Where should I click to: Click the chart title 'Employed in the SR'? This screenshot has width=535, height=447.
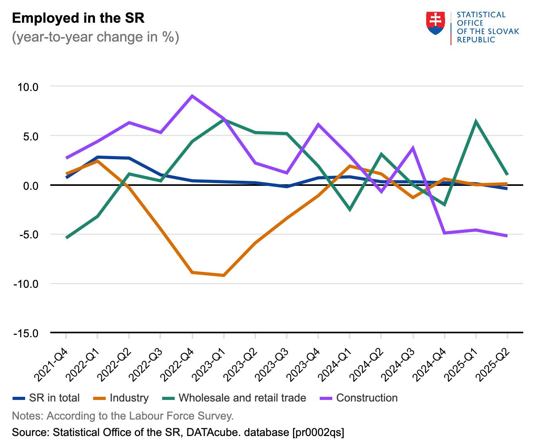(79, 18)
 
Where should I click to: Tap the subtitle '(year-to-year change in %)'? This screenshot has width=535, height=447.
(95, 37)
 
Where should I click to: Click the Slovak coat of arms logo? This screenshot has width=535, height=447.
(435, 23)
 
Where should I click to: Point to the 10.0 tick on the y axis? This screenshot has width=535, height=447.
(27, 87)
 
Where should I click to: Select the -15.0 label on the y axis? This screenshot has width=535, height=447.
(26, 333)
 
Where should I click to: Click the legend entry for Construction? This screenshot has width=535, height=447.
(366, 398)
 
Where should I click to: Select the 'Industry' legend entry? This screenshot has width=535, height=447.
(129, 398)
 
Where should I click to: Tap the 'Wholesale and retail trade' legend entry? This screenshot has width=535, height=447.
(242, 398)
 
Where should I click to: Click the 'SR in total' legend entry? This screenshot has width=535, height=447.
(54, 398)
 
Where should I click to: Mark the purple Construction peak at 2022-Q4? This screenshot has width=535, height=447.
(192, 96)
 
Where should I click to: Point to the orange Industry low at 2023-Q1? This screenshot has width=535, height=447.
(224, 276)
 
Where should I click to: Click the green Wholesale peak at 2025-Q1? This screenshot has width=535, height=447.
(476, 121)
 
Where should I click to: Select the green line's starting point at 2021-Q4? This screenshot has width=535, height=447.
(66, 238)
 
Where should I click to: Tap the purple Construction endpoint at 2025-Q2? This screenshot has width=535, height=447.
(507, 236)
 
